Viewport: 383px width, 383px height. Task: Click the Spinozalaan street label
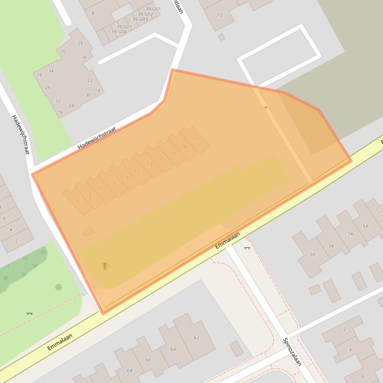pyautogui.click(x=292, y=352)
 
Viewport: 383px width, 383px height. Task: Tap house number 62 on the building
pyautogui.click(x=196, y=338)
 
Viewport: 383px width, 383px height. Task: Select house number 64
pyautogui.click(x=173, y=349)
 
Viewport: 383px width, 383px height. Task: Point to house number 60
pyautogui.click(x=312, y=254)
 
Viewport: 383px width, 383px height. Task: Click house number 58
pyautogui.click(x=331, y=246)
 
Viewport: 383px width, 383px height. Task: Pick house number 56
pyautogui.click(x=350, y=234)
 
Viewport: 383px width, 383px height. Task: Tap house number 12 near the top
pyautogui.click(x=220, y=15)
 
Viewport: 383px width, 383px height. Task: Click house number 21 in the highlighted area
pyautogui.click(x=195, y=139)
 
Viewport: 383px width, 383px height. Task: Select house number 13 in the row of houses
pyautogui.click(x=150, y=165)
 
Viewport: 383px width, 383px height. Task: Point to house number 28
pyautogui.click(x=80, y=43)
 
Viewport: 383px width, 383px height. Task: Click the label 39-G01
pyautogui.click(x=153, y=9)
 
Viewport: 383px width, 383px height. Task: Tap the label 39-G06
pyautogui.click(x=119, y=32)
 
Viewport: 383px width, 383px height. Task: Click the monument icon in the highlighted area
pyautogui.click(x=104, y=266)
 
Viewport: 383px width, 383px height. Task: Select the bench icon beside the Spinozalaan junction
pyautogui.click(x=247, y=248)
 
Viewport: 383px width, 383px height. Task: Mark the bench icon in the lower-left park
pyautogui.click(x=29, y=313)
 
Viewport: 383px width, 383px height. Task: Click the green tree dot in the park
pyautogui.click(x=59, y=287)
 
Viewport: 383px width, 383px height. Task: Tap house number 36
pyautogui.click(x=84, y=57)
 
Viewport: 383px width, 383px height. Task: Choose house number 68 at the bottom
pyautogui.click(x=130, y=371)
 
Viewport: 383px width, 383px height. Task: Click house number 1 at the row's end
pyautogui.click(x=77, y=201)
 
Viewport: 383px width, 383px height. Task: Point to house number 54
pyautogui.click(x=365, y=226)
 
